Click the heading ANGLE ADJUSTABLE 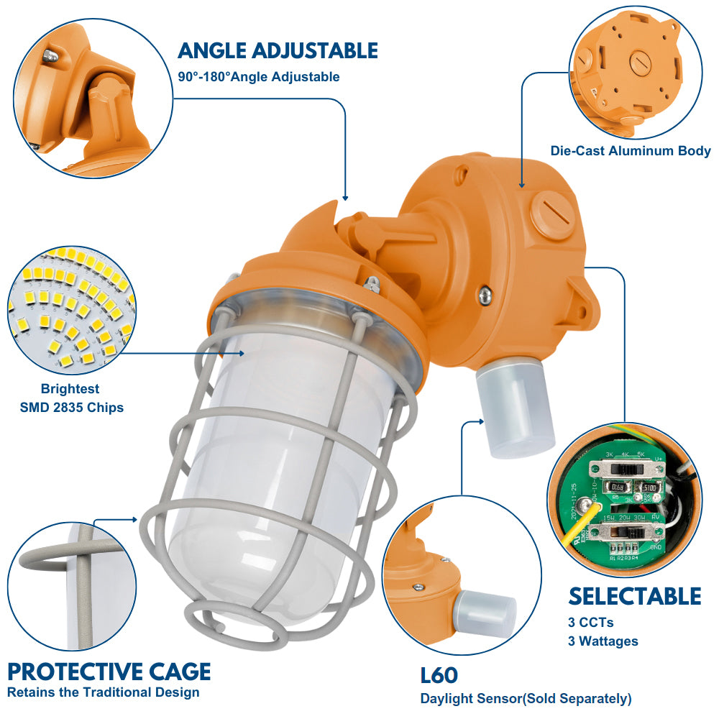click(278, 50)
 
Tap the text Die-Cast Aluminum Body click(631, 151)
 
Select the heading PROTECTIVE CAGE click(109, 672)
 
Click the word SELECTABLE click(634, 596)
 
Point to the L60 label click(439, 676)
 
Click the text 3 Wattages click(603, 641)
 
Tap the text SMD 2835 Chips click(72, 408)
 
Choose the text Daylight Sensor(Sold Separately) click(526, 698)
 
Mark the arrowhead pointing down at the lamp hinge click(346, 196)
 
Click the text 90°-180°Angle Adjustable click(259, 77)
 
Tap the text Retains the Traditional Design click(103, 693)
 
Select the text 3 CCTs click(590, 623)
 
